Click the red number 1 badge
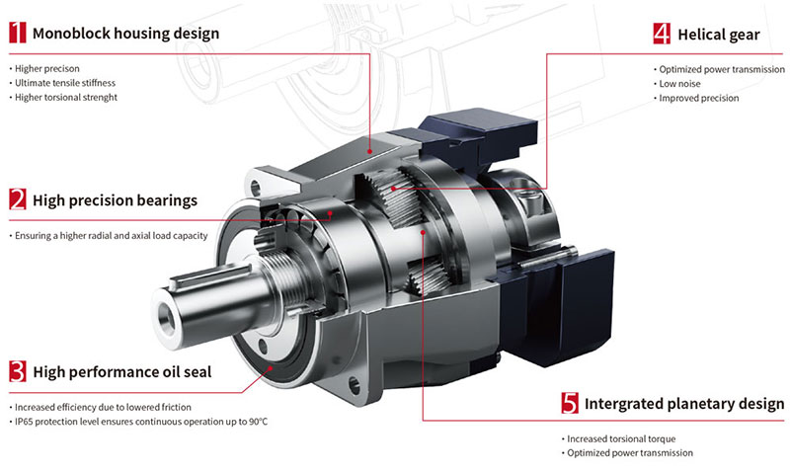coord(18,33)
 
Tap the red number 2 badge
coord(18,198)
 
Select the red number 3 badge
coord(18,371)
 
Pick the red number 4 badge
coord(662,34)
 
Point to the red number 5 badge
coord(570,403)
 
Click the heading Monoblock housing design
coord(126,34)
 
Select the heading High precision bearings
coord(115,200)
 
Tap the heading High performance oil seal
coord(121,371)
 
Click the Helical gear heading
coord(719,35)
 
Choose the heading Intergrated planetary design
coord(684,404)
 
